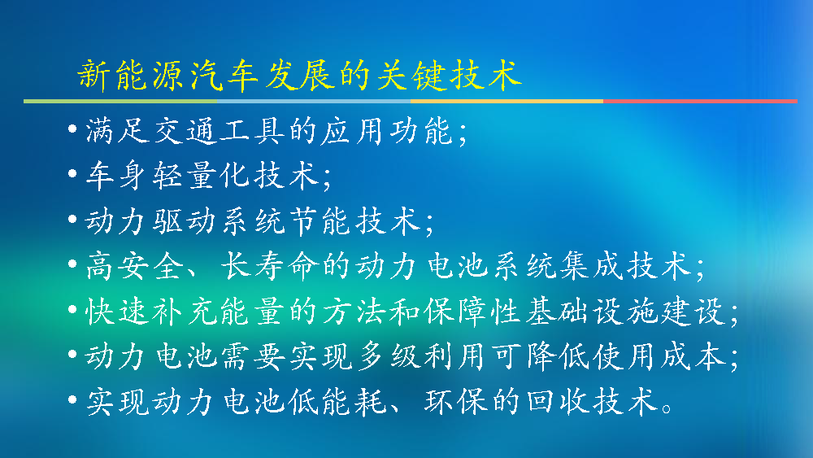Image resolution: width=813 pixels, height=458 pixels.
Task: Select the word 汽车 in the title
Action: [x=224, y=75]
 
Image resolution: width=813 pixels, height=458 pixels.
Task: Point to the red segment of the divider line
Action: [x=700, y=101]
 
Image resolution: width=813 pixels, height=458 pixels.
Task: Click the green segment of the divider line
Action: [x=120, y=101]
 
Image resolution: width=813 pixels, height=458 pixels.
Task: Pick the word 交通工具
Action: [x=220, y=131]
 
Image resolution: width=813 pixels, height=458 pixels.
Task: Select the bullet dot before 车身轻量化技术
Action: [x=72, y=174]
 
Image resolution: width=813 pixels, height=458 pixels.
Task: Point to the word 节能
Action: [x=320, y=221]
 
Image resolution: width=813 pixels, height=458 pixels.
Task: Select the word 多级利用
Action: [x=420, y=357]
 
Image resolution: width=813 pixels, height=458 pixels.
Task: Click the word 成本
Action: [x=693, y=357]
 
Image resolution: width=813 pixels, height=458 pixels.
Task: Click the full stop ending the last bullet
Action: [x=667, y=408]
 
